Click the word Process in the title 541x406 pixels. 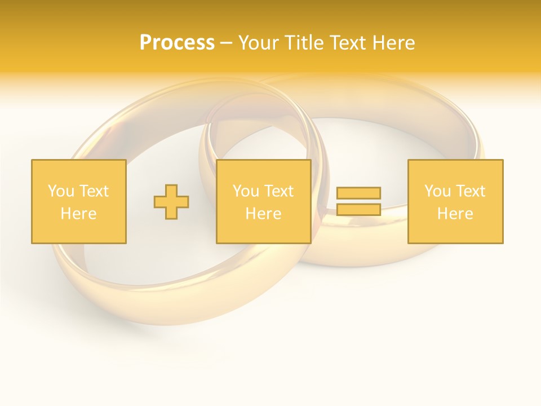pos(177,43)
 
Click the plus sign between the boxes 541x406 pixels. pos(171,202)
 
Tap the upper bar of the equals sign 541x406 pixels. pos(358,193)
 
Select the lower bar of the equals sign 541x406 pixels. pos(358,209)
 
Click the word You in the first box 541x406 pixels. pos(60,191)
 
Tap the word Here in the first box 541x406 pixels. pos(78,214)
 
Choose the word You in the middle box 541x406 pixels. pos(245,191)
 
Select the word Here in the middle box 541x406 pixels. pos(263,214)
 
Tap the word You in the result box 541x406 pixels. pos(437,191)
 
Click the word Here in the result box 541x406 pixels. pos(455,214)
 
